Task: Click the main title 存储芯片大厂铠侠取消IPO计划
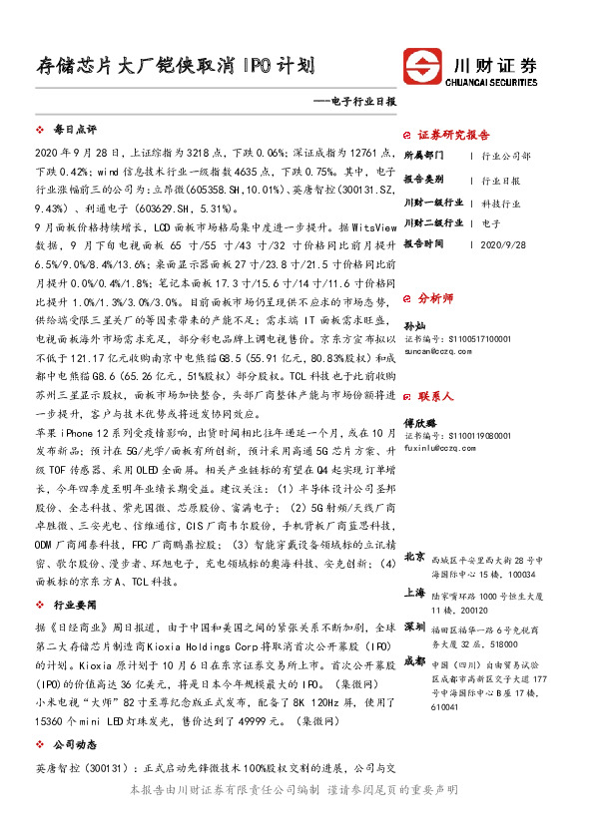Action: (x=176, y=67)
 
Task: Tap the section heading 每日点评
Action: (x=75, y=130)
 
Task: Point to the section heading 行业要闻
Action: (x=75, y=605)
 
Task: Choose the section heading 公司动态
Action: (x=75, y=744)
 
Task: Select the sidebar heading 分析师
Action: (x=434, y=297)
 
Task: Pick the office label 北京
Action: (x=413, y=557)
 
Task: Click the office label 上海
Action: (x=413, y=593)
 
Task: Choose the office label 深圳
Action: (x=413, y=627)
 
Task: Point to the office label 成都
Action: (x=413, y=660)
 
